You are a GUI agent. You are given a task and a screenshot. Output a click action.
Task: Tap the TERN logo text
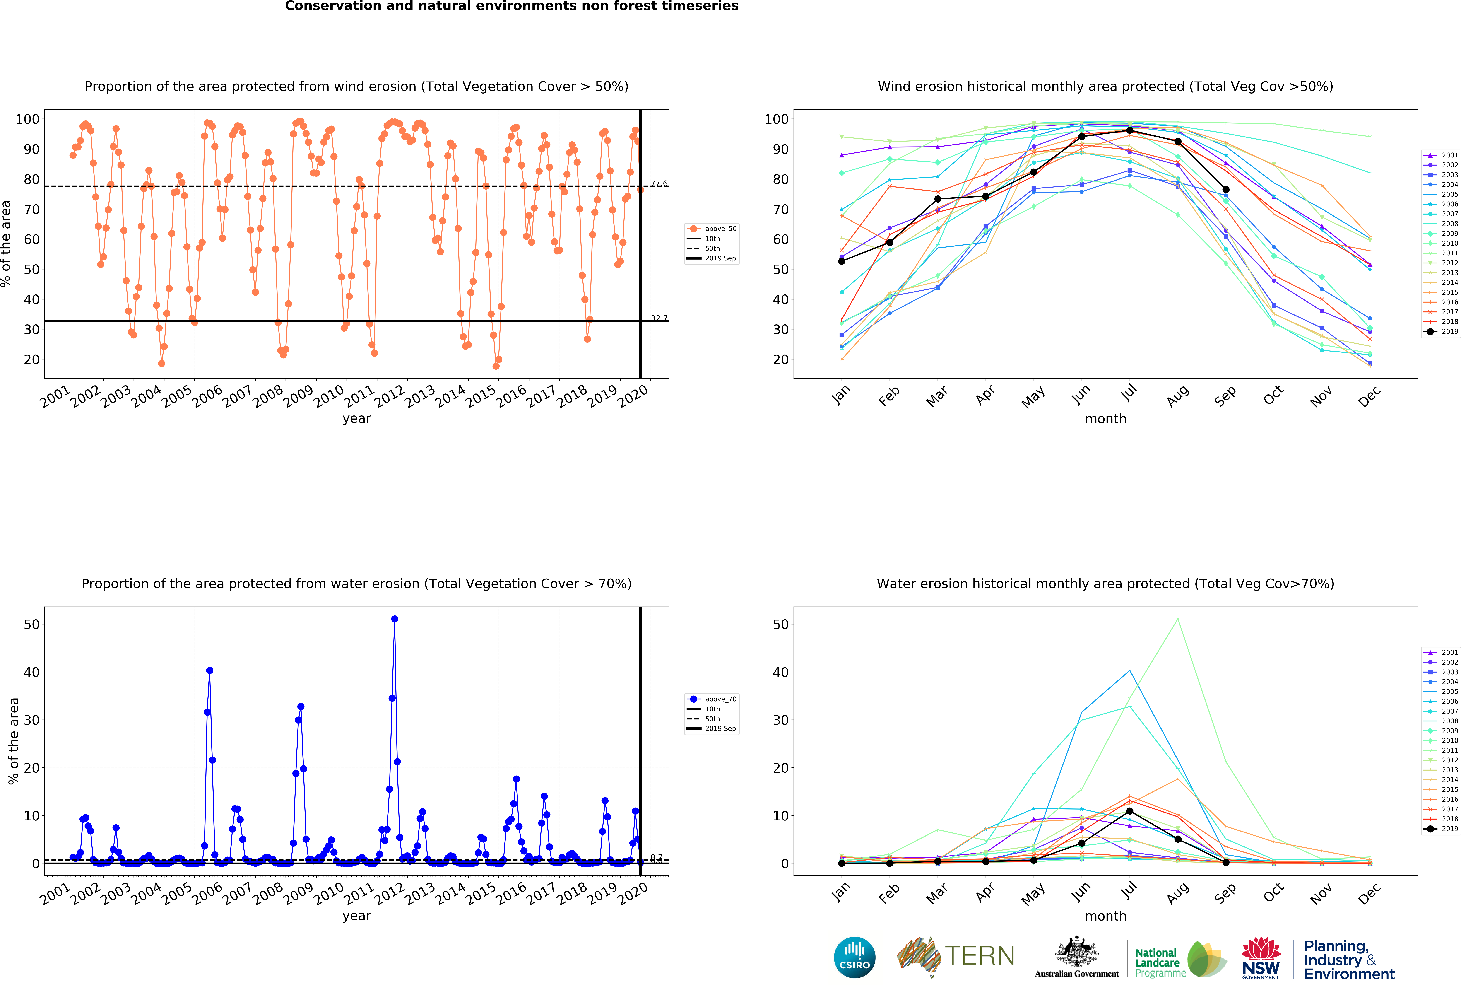(x=980, y=956)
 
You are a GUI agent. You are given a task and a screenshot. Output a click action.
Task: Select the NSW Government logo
(x=1260, y=958)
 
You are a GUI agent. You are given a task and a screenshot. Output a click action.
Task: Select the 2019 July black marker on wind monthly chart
(x=1130, y=130)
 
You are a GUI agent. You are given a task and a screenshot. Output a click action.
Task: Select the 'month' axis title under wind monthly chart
(x=1105, y=419)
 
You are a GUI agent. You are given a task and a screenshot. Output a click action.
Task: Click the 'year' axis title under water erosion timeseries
(x=356, y=916)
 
